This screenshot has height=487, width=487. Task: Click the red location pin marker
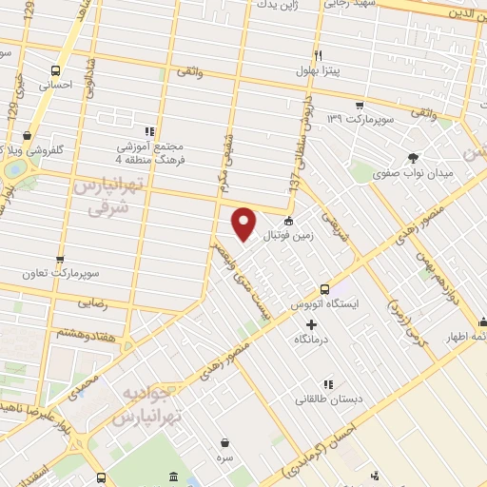(x=244, y=223)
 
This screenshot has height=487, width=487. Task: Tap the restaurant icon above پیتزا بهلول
(x=319, y=55)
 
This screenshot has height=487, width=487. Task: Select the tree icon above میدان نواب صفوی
(x=413, y=158)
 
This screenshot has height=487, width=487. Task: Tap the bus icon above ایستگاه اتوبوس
(x=325, y=288)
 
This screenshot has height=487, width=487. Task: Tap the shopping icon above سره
(x=224, y=442)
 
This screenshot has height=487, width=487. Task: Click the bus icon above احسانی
(x=55, y=70)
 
